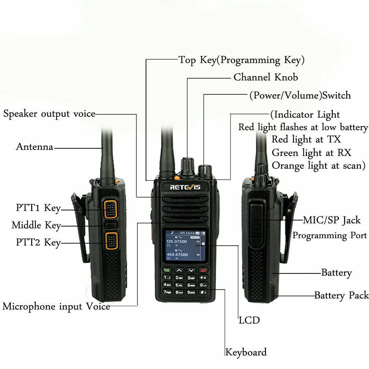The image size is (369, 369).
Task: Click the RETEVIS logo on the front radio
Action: tap(185, 187)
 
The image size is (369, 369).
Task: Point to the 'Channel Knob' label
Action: tap(266, 77)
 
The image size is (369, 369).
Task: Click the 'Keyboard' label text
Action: tap(246, 352)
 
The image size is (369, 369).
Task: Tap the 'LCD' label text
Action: tap(249, 320)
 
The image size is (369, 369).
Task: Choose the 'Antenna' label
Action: tap(35, 147)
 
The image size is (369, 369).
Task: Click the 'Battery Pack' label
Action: tap(341, 296)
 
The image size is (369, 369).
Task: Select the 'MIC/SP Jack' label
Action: tap(331, 220)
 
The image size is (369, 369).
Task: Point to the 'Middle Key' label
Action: tap(36, 225)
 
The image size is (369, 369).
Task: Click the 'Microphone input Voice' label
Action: tap(56, 306)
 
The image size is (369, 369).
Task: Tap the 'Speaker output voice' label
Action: tap(49, 114)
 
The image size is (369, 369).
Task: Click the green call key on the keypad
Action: tap(167, 270)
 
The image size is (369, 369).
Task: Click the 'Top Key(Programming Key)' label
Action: tap(242, 60)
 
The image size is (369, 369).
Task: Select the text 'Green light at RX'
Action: tap(311, 153)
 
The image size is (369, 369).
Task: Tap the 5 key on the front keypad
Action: tap(179, 285)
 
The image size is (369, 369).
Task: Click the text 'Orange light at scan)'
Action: tap(318, 166)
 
